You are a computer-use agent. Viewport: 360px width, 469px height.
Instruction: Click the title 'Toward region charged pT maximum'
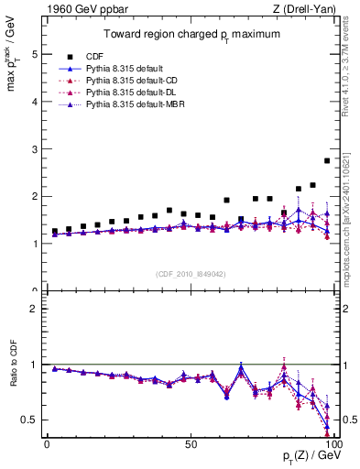190,36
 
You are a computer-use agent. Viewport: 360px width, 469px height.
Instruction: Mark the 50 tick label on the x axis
190,444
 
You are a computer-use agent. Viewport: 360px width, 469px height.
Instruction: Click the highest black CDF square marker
327,160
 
